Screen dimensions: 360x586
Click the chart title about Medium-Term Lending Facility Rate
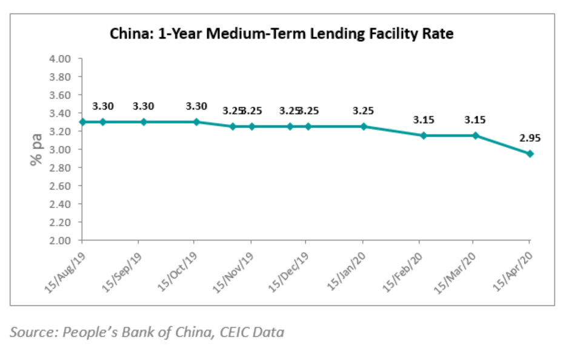coord(281,34)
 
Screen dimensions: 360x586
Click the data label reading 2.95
coord(530,138)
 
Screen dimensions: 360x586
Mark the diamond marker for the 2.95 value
coord(530,154)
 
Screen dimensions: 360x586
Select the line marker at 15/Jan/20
coord(364,127)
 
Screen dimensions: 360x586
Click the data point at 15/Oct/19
coord(196,122)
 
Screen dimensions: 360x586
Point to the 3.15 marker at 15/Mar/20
coord(476,135)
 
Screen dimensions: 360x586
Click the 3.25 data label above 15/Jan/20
coord(364,111)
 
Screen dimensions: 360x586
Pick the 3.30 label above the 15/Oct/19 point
coord(196,106)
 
